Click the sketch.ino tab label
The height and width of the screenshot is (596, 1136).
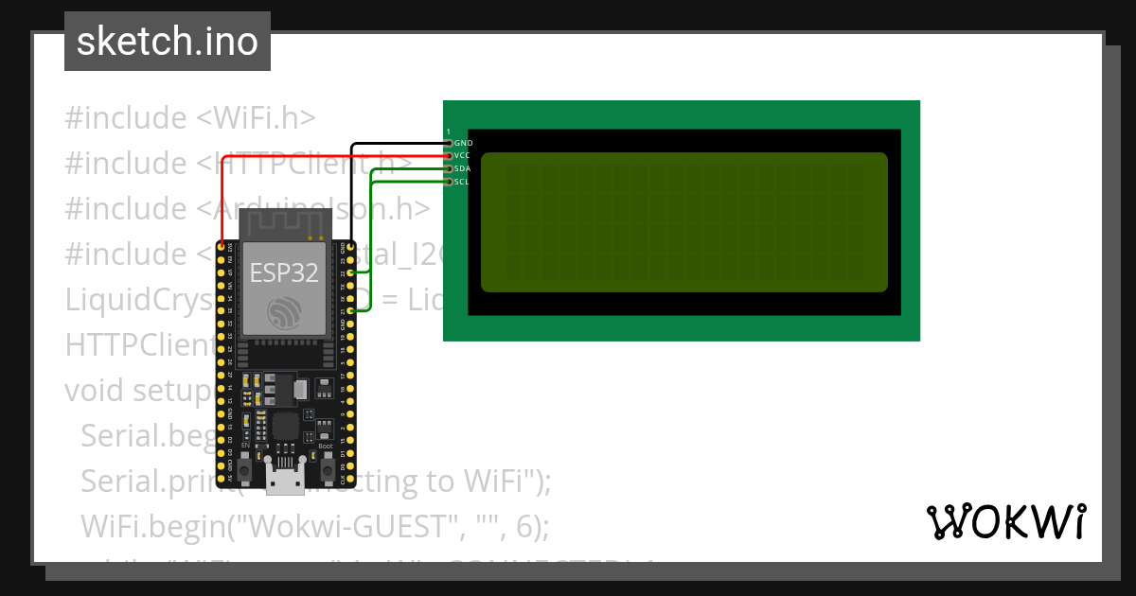168,42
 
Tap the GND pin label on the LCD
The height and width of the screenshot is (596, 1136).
463,143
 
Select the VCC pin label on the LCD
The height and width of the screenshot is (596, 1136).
463,155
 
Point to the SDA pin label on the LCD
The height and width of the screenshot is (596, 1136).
463,168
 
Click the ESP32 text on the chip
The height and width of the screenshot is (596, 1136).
284,272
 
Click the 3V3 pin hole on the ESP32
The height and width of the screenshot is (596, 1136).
222,247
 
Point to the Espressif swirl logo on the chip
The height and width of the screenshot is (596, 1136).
284,313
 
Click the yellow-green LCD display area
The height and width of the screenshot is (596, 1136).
683,221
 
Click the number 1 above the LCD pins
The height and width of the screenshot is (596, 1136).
449,131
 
